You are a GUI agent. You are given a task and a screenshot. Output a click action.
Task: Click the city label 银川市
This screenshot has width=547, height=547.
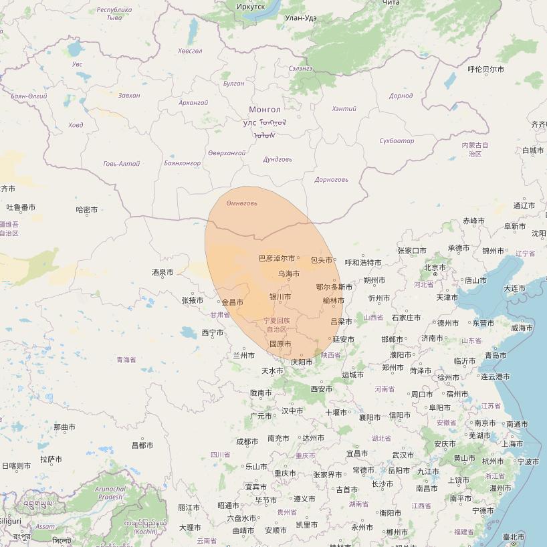point(280,296)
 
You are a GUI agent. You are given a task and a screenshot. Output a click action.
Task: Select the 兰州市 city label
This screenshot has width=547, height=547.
point(243,355)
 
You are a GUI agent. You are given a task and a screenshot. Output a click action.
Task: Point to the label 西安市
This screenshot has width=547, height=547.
point(321,389)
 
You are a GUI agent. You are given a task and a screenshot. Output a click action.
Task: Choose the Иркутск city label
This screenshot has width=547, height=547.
point(250,6)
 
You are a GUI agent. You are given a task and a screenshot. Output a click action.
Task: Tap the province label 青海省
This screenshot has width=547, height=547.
point(126,360)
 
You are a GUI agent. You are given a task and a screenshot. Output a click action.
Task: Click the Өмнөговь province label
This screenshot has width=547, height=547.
point(241,203)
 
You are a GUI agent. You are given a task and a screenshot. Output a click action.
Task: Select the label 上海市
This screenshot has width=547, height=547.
point(512,443)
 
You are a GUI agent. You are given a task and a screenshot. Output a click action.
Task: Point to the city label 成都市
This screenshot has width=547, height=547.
point(247,441)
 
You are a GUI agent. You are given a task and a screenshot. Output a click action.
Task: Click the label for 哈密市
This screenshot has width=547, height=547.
point(87,210)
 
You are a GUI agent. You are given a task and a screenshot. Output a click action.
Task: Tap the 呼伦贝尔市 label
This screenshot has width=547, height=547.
point(485,69)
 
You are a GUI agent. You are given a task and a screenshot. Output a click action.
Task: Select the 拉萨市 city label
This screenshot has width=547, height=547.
point(51,459)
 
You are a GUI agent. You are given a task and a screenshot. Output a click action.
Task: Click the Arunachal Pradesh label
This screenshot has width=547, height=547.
point(110,493)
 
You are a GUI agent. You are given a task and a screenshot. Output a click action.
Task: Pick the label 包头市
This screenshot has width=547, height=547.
point(322,260)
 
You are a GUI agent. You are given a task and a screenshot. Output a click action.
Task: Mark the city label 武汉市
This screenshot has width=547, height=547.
point(403,455)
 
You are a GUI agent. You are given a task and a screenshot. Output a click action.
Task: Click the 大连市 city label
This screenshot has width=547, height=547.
point(514,288)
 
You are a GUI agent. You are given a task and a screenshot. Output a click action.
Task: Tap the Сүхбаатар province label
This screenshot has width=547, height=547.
point(397,141)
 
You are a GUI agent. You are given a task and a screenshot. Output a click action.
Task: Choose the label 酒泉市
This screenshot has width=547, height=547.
point(162,272)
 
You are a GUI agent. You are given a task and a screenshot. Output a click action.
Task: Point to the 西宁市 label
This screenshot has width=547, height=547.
point(212,332)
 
